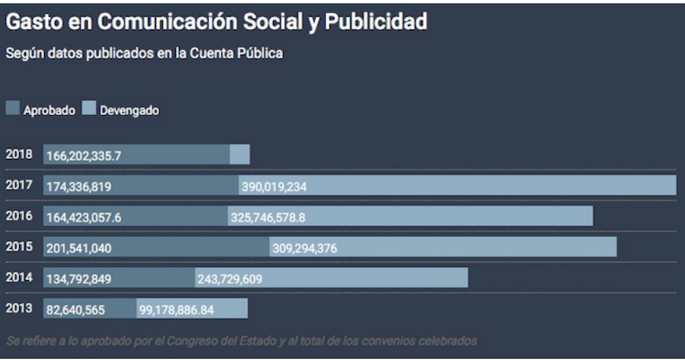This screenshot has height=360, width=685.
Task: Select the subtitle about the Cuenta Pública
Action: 145,54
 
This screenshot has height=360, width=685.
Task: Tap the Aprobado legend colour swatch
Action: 13,108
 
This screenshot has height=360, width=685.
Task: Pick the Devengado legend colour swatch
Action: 89,108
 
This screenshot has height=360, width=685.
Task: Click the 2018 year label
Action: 19,154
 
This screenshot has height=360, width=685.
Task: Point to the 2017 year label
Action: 19,185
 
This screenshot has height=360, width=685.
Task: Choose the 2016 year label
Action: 19,215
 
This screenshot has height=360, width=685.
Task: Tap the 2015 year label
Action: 19,247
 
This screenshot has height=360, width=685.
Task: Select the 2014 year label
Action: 19,278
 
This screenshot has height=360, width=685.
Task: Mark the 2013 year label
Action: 19,308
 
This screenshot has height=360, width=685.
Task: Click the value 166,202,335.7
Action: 84,155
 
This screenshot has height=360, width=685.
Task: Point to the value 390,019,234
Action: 275,186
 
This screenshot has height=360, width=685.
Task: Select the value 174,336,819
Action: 79,186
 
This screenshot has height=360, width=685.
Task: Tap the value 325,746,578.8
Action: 268,218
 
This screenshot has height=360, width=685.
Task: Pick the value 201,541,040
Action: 79,248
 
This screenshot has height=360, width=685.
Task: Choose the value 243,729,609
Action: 230,279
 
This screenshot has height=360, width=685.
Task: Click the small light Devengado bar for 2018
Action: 240,155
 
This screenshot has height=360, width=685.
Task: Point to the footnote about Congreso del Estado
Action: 241,340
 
